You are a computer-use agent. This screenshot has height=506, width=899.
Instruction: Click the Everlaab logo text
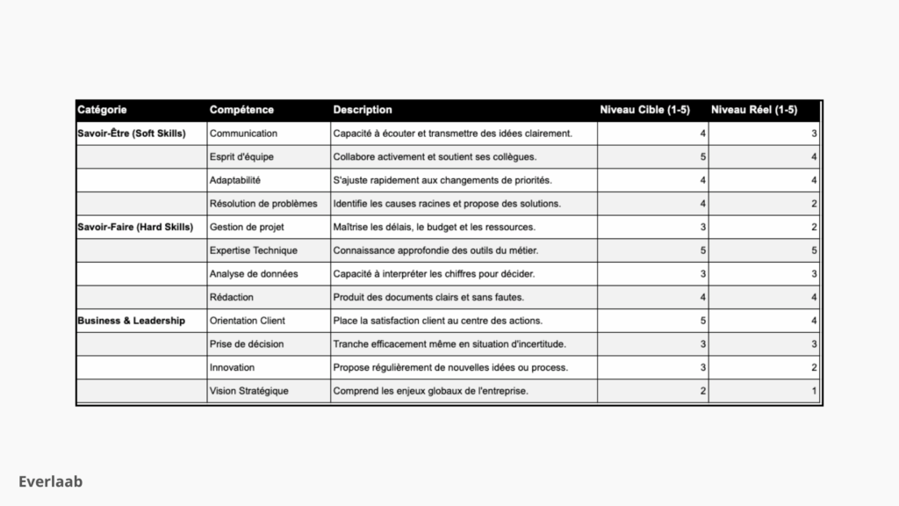pos(51,481)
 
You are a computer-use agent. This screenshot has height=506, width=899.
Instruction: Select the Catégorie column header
pos(102,110)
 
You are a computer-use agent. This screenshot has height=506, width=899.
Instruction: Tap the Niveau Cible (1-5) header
pos(644,110)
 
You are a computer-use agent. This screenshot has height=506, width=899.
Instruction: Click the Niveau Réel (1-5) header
pos(754,110)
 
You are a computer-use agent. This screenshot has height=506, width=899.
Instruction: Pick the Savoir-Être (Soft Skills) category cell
pos(132,134)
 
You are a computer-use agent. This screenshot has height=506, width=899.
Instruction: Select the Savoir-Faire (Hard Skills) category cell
pos(135,227)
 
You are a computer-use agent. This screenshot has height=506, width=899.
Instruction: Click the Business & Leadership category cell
pos(131,321)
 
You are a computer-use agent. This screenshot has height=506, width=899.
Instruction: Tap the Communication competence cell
pos(243,134)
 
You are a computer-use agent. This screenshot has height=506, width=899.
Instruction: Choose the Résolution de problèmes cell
pos(263,204)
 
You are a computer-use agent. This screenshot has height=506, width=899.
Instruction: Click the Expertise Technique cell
pos(254,250)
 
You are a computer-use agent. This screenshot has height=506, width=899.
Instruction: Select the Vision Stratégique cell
pos(248,391)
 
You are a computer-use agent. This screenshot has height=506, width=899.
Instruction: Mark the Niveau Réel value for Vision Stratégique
pos(814,391)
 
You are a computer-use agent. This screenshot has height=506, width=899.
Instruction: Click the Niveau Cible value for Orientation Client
pos(702,321)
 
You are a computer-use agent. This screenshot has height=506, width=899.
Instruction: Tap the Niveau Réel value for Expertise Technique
pos(814,250)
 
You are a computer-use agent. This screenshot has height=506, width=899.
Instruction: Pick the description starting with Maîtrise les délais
pos(434,227)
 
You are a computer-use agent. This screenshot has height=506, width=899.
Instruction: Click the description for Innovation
pos(450,367)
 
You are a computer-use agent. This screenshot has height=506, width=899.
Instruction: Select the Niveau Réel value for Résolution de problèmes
pos(814,204)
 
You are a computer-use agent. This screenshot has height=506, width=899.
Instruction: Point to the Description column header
pos(363,110)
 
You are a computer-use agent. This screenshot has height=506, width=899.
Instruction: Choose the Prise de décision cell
pos(247,343)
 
